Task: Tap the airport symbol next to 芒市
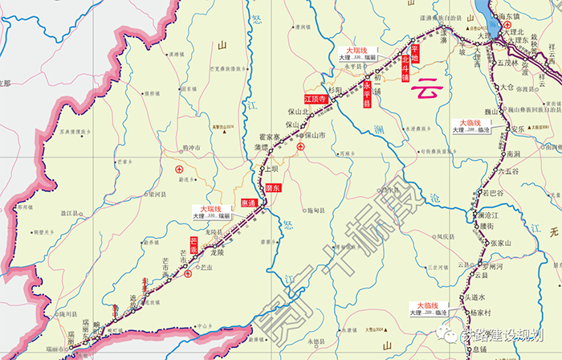pyautogui.click(x=188, y=273)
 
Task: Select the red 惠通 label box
pyautogui.click(x=246, y=204)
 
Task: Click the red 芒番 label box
pyautogui.click(x=193, y=244)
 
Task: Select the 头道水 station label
pyautogui.click(x=479, y=297)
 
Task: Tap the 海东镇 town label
pyautogui.click(x=531, y=15)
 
